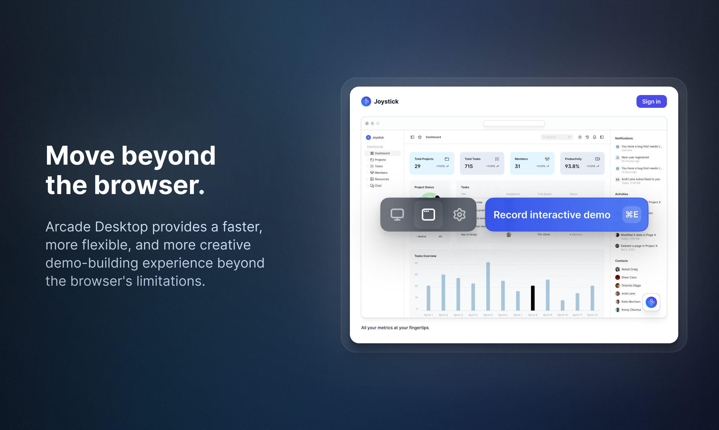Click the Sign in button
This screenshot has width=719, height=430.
point(651,101)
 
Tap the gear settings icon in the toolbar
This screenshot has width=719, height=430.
point(459,215)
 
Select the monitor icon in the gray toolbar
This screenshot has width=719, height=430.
point(397,215)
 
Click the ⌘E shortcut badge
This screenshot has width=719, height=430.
point(632,214)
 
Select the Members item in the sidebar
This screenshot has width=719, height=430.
point(381,173)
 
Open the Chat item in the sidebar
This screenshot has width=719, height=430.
point(378,186)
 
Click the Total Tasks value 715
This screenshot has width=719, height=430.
point(468,166)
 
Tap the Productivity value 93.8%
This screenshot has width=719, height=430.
point(572,166)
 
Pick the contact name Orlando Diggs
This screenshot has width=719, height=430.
point(631,285)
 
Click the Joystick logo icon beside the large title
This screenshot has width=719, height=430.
point(366,101)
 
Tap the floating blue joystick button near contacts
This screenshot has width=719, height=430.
point(651,302)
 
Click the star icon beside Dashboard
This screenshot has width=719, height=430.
point(420,137)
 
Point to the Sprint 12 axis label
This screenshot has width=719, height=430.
point(592,315)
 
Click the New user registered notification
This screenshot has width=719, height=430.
point(635,157)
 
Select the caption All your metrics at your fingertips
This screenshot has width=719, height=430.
point(395,328)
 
